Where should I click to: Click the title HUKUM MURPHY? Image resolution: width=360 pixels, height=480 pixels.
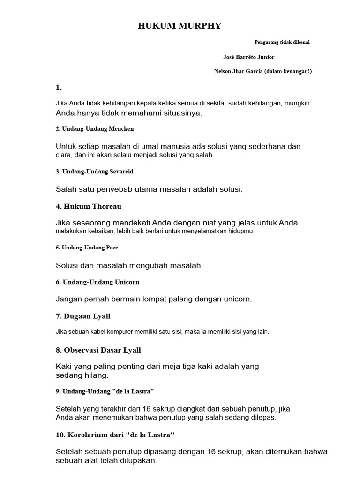pos(180,26)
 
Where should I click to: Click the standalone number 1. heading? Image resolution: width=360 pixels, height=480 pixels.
pos(59,87)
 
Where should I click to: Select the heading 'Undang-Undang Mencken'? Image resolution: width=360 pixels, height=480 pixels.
pos(98,128)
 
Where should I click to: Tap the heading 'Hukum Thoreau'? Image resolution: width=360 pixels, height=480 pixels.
pos(89,206)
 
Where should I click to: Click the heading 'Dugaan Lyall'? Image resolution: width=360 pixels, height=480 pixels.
pos(83,316)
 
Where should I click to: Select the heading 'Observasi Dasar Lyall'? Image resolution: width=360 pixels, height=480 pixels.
pos(98,350)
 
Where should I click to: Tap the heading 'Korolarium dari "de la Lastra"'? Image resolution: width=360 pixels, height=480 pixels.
pos(115,435)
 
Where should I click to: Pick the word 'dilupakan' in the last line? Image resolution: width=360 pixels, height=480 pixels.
pos(138,461)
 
